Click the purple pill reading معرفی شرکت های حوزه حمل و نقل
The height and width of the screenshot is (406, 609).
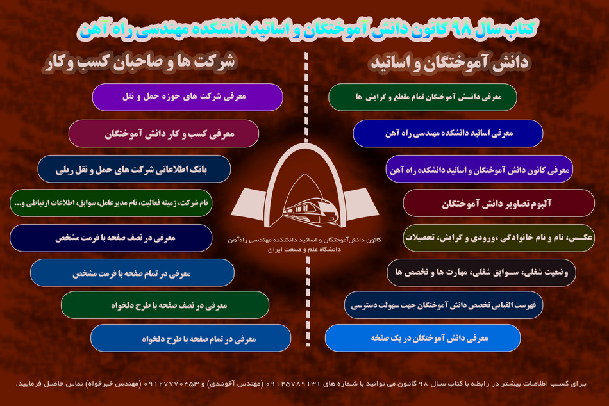(188, 97)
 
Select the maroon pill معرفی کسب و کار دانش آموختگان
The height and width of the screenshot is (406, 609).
(163, 134)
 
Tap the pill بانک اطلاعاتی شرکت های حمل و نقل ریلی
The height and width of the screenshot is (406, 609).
(134, 169)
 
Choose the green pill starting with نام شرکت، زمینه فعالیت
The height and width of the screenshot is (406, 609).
(111, 203)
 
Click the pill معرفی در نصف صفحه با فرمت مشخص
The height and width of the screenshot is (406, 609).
(111, 238)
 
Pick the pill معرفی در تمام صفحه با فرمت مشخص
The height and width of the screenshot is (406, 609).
(132, 273)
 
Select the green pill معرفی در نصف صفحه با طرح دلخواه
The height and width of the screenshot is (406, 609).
(165, 305)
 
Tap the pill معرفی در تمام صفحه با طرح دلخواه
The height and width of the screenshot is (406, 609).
(190, 338)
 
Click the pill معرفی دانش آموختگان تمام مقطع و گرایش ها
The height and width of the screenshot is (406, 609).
(422, 97)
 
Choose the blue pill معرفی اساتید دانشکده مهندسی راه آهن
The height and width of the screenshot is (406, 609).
(448, 134)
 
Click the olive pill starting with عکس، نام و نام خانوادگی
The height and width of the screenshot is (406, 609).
(499, 238)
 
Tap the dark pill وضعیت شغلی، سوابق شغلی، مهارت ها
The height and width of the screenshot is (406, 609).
(481, 273)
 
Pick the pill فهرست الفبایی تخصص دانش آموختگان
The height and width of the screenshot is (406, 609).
(444, 305)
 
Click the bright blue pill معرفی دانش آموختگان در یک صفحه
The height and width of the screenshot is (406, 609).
(422, 338)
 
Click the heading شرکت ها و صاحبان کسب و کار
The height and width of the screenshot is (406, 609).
(140, 62)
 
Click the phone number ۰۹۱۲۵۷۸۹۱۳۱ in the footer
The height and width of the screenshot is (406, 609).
(294, 384)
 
